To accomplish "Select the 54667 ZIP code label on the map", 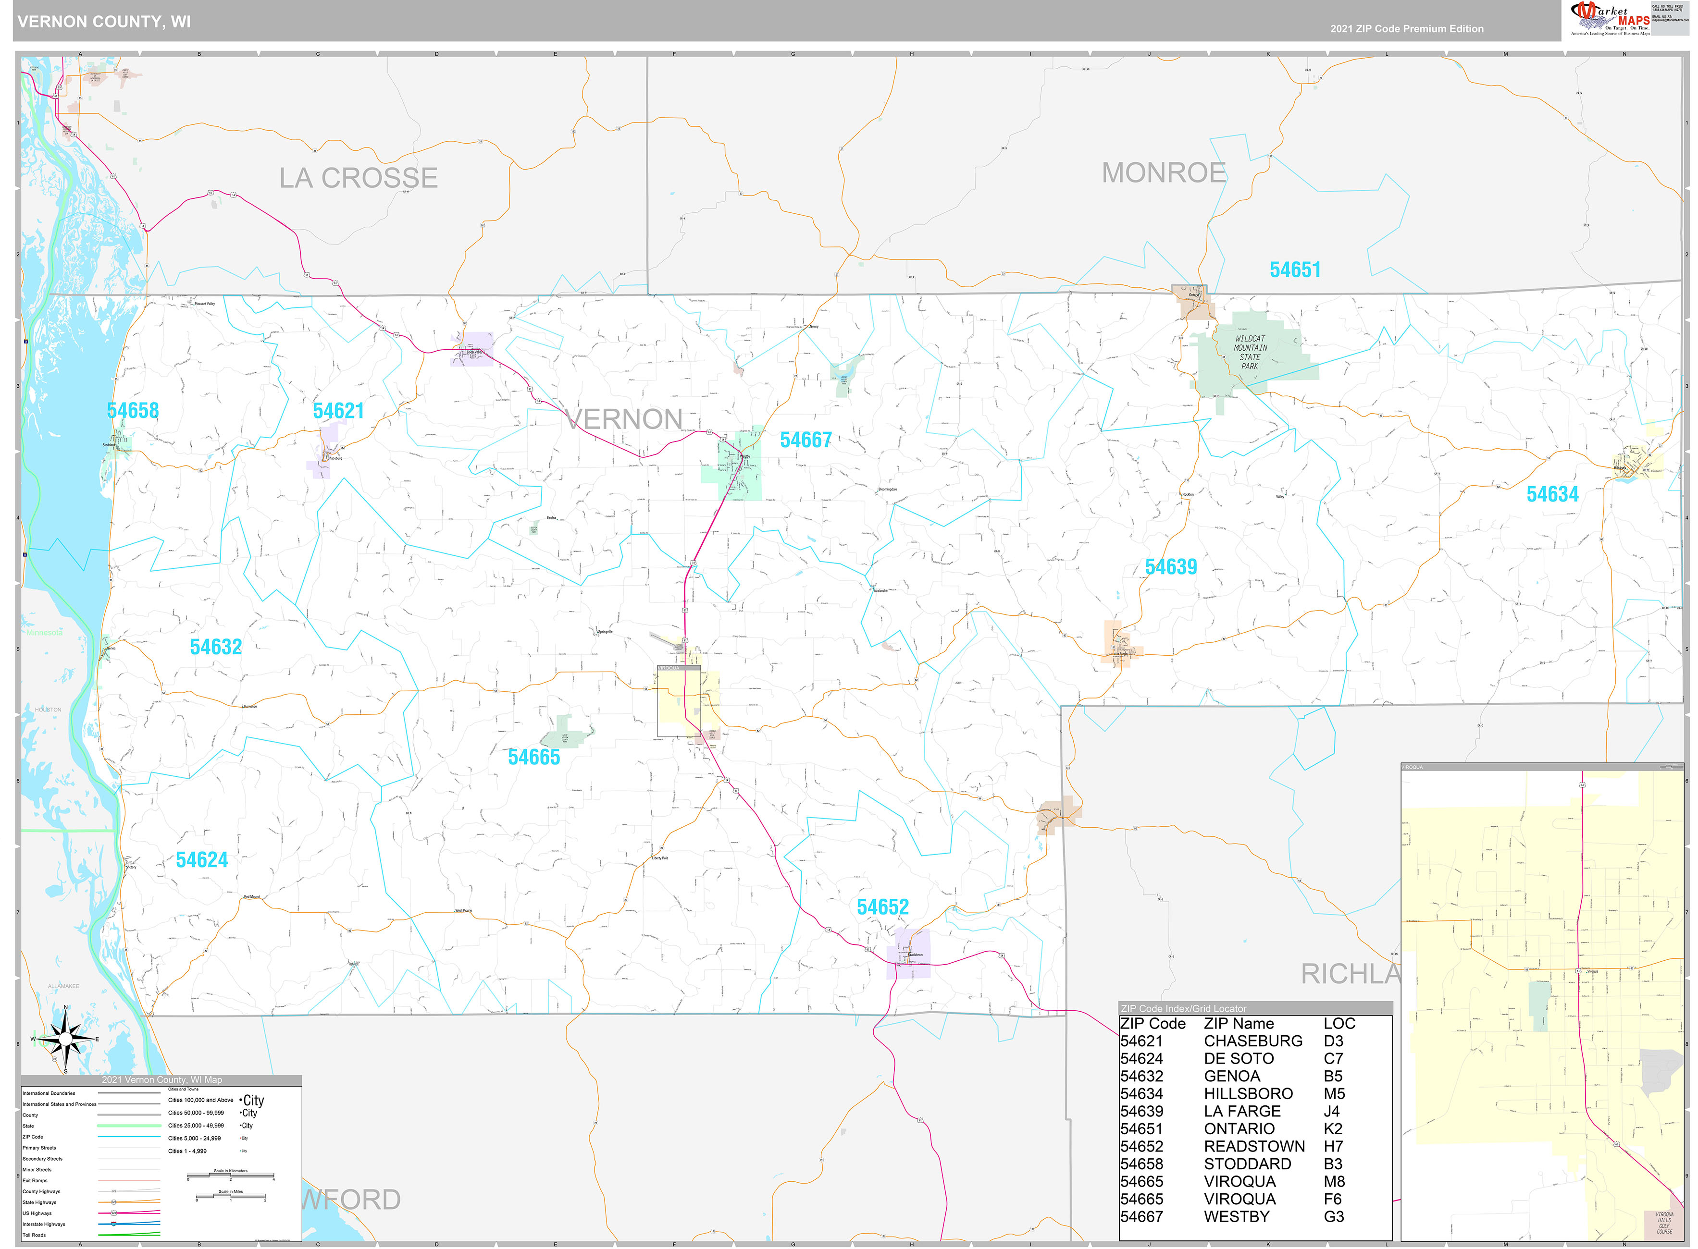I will coord(806,440).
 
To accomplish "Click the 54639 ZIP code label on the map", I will coord(1170,567).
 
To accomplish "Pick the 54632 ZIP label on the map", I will coord(216,647).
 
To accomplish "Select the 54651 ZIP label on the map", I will coord(1295,270).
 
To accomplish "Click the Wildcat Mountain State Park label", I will coord(1250,352).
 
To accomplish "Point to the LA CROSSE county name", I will coord(359,178).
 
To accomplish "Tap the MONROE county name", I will coord(1163,173).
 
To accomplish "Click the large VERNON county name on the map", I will coord(624,419).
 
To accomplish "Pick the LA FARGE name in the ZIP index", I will coord(1242,1112).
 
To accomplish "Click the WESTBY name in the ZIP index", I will coord(1237,1216).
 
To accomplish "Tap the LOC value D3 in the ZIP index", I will coord(1333,1041).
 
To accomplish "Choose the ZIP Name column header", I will coord(1239,1024).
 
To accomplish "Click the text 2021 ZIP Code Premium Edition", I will coord(1407,29).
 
